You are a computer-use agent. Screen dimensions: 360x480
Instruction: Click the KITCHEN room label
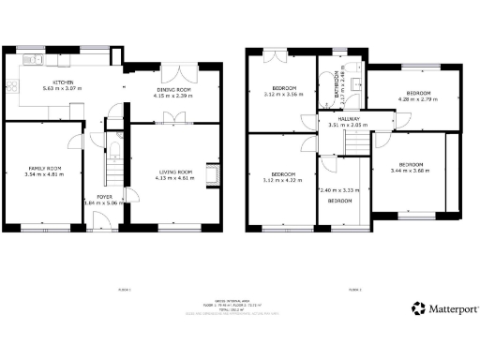pyautogui.click(x=64, y=82)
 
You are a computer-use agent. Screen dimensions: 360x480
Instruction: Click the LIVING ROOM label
pyautogui.click(x=175, y=172)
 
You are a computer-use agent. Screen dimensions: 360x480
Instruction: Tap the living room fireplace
pyautogui.click(x=217, y=175)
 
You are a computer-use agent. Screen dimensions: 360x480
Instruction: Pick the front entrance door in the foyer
pyautogui.click(x=98, y=221)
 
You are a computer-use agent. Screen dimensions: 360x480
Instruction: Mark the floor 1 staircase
pyautogui.click(x=114, y=173)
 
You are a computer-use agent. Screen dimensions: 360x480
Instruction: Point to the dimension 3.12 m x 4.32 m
pyautogui.click(x=284, y=179)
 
